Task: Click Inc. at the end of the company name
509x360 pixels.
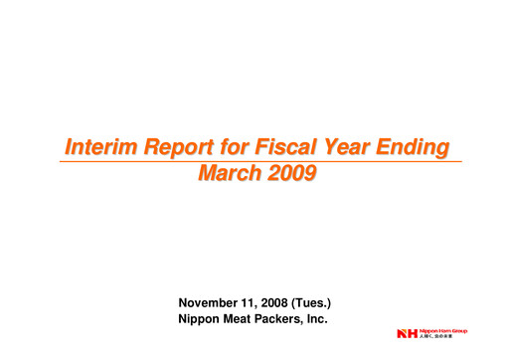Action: pos(327,318)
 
